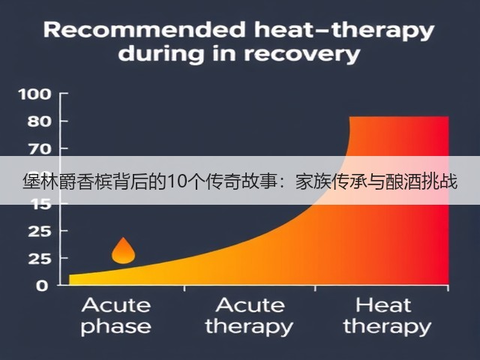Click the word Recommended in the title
coord(145,30)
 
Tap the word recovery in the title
coord(301,55)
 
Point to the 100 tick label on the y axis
coord(34,94)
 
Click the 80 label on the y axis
coord(39,121)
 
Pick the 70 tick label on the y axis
coord(39,149)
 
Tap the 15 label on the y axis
coord(41,204)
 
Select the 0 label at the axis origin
coord(42,286)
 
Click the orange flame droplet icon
coord(123,250)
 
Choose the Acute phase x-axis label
coord(116,316)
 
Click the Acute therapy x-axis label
coord(249,316)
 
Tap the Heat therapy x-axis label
coord(387,316)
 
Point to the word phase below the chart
coord(116,327)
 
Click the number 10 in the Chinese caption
coord(174,181)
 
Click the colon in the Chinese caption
coord(287,183)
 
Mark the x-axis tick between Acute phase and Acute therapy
coord(184,288)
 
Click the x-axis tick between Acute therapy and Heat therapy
coord(315,288)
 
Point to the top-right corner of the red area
coord(448,116)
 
